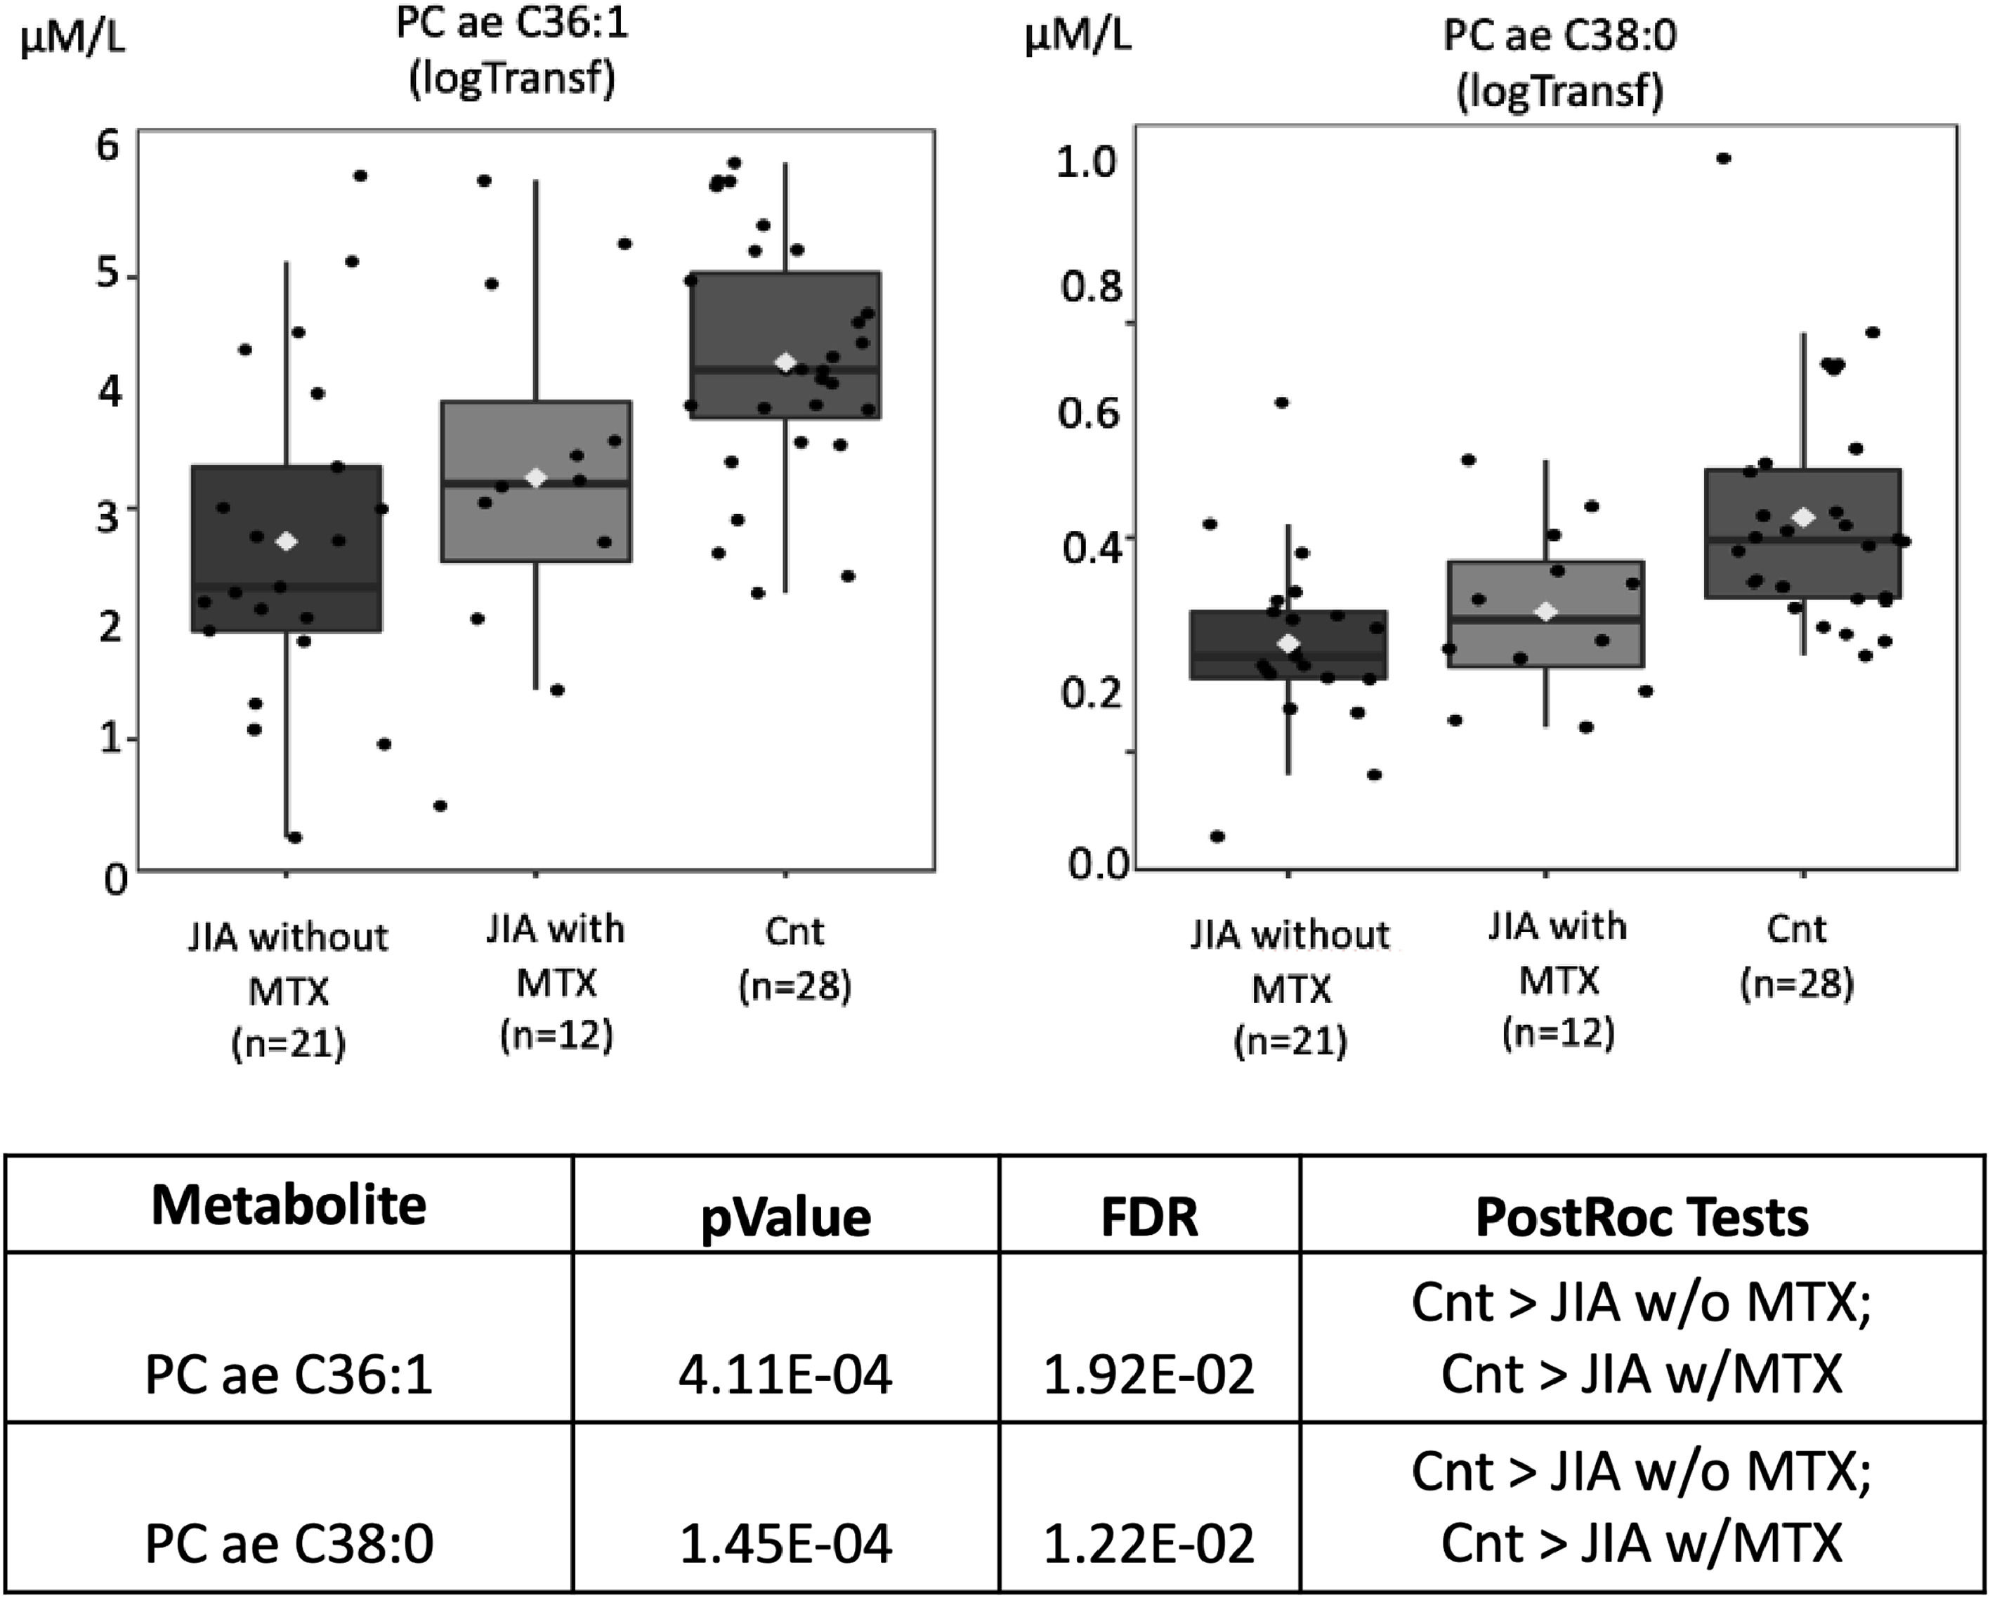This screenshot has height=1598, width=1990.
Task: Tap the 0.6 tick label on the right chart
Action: click(1089, 412)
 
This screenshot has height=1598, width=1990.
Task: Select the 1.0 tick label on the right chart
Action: click(1087, 162)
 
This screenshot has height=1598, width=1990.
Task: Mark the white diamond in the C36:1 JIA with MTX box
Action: click(536, 477)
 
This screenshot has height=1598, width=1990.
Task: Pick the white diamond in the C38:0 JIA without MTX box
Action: click(1290, 643)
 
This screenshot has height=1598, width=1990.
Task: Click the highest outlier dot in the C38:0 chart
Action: click(1723, 159)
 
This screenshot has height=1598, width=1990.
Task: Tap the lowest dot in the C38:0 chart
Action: click(1217, 837)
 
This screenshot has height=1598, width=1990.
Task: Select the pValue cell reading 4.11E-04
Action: click(785, 1375)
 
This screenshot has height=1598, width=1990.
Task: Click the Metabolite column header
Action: click(289, 1205)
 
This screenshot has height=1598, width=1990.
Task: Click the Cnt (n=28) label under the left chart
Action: click(794, 958)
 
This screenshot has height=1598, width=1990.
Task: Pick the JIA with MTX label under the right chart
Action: click(1558, 978)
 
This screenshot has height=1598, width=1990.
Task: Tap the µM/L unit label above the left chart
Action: click(72, 41)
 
